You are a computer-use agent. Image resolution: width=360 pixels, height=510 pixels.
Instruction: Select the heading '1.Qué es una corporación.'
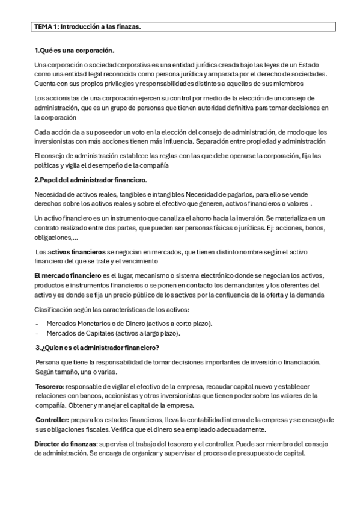tap(75, 51)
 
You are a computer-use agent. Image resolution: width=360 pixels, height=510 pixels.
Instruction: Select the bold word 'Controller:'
tap(52, 420)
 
